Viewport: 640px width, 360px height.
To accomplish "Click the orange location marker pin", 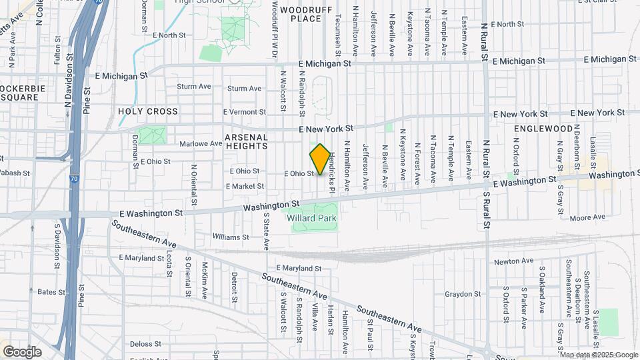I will pyautogui.click(x=320, y=159).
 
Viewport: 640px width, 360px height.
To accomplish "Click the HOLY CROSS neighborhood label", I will pyautogui.click(x=149, y=111).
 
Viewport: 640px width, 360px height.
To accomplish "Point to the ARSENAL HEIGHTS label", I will pyautogui.click(x=246, y=141).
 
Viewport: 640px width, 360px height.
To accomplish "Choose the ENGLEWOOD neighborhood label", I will pyautogui.click(x=543, y=128).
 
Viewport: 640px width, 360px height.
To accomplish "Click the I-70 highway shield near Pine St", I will pyautogui.click(x=73, y=179).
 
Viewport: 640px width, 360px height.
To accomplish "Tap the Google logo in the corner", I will pyautogui.click(x=22, y=351).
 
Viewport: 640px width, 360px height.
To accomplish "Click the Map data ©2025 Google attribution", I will pyautogui.click(x=599, y=355).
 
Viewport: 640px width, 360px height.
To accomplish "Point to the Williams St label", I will pyautogui.click(x=231, y=237).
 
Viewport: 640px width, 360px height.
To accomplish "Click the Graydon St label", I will pyautogui.click(x=459, y=294).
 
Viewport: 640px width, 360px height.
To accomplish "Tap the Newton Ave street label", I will pyautogui.click(x=519, y=261).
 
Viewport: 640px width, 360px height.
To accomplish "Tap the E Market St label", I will pyautogui.click(x=245, y=186).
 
